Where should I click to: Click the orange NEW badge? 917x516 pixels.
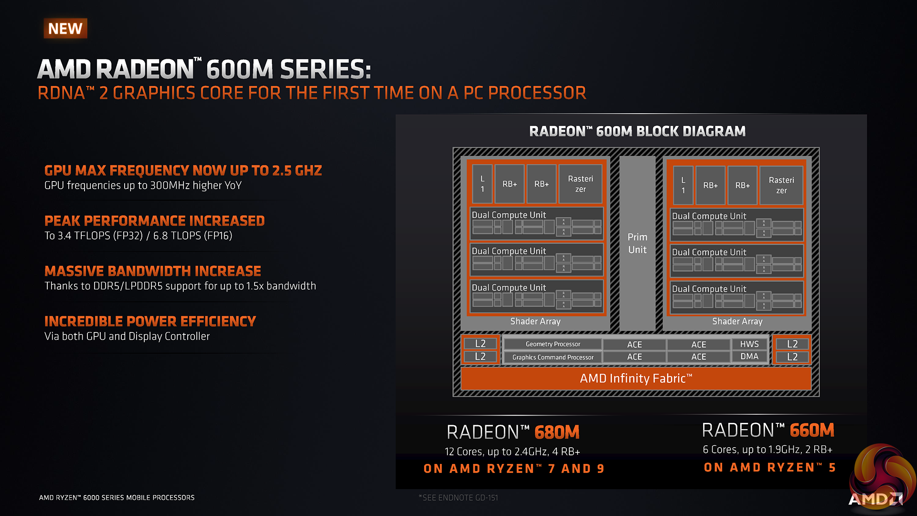[65, 29]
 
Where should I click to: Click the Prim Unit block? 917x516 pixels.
[637, 244]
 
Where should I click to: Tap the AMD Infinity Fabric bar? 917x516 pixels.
[636, 378]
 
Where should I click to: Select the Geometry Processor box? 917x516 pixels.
[553, 344]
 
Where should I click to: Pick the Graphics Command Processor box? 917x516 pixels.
[553, 357]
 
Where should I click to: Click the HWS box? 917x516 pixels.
[749, 344]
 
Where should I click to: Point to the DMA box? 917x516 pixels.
[749, 356]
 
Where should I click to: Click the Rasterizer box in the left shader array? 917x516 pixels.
[580, 184]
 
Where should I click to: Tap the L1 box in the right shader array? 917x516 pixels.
[683, 185]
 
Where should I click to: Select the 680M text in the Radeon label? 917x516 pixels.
[557, 432]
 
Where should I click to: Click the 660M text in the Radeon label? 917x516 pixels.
[812, 430]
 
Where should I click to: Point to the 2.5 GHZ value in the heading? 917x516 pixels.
[297, 171]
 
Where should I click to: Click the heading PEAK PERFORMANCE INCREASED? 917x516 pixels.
[154, 221]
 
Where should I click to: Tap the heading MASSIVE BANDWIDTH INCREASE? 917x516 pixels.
[153, 271]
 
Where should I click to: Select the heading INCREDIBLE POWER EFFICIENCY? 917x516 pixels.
[150, 321]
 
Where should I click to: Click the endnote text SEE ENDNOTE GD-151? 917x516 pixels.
[458, 498]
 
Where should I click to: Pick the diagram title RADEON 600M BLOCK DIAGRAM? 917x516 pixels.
[637, 131]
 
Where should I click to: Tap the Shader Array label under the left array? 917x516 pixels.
[535, 322]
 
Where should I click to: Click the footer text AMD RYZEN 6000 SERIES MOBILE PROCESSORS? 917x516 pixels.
[117, 498]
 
